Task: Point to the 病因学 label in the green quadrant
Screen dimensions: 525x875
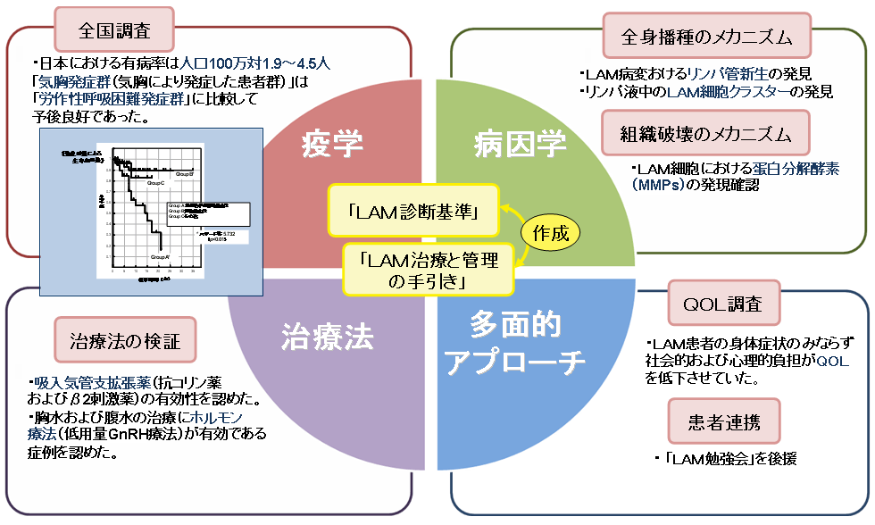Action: coord(507,142)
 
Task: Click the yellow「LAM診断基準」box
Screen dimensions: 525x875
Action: coord(412,212)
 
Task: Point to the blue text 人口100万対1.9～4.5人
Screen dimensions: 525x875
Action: coord(254,63)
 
